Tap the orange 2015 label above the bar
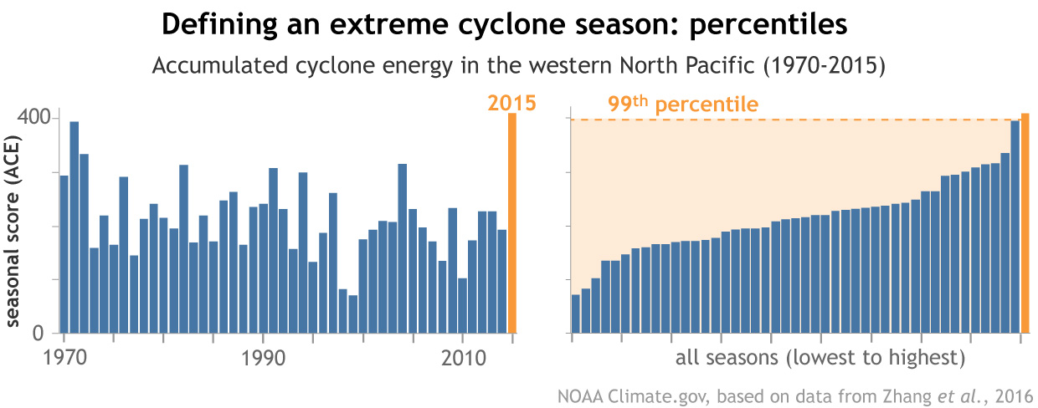pyautogui.click(x=511, y=104)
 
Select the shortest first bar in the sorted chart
pyautogui.click(x=576, y=314)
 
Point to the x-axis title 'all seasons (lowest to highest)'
pyautogui.click(x=820, y=359)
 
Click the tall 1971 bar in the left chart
pyautogui.click(x=75, y=227)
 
